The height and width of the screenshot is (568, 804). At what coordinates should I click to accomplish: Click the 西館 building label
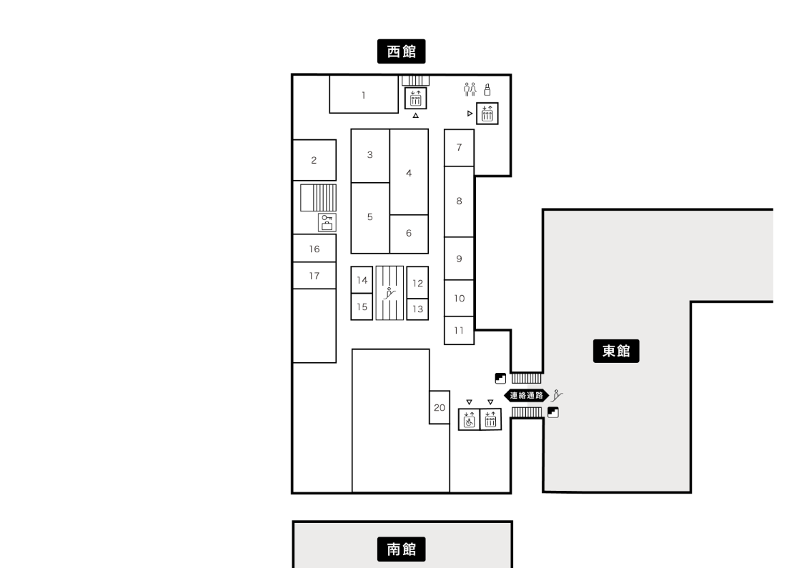[401, 51]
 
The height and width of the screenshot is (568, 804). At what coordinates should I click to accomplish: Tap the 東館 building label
[616, 351]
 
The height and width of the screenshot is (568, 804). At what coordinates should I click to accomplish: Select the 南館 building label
[401, 549]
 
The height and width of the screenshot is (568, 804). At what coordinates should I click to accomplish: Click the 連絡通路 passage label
[527, 395]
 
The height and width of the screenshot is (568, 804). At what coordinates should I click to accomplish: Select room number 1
[364, 94]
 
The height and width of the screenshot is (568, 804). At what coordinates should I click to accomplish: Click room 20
[440, 407]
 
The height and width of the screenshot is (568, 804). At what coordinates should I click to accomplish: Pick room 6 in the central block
[409, 234]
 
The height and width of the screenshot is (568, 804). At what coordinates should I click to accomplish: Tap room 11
[459, 331]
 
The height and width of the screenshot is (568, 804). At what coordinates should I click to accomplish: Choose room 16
[314, 249]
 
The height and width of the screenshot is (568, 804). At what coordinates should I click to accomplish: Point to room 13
[417, 309]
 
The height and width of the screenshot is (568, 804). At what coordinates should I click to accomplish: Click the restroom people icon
[470, 89]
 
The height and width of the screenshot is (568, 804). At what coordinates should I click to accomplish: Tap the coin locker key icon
[327, 222]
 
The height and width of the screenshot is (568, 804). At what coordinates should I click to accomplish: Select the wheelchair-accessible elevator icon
[469, 419]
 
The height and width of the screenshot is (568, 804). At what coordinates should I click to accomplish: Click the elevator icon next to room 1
[415, 98]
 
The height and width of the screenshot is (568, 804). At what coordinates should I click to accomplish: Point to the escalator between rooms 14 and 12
[389, 293]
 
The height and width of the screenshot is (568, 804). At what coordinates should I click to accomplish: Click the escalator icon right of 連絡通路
[557, 395]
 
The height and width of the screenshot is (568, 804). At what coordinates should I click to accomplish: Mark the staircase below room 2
[319, 198]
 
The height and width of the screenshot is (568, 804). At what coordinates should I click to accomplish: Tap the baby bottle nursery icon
[487, 90]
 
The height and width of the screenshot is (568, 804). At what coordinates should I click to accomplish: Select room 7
[459, 148]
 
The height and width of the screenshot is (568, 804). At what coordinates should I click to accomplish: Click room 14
[362, 280]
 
